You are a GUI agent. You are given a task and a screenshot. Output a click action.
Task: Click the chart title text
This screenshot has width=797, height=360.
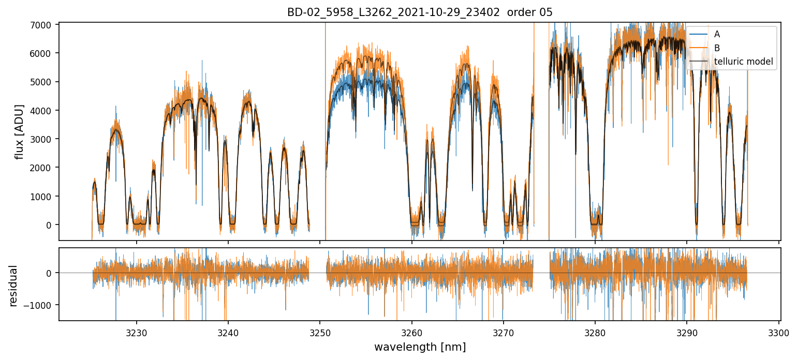(x=420, y=12)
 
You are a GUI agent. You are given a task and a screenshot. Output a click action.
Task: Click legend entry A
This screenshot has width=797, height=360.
(x=717, y=34)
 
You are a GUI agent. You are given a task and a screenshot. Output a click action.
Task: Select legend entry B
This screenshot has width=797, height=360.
(x=717, y=48)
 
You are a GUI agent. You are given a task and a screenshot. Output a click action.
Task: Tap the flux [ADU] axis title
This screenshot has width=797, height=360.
(x=19, y=131)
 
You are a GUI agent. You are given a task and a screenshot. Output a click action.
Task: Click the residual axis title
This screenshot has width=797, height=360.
(x=13, y=286)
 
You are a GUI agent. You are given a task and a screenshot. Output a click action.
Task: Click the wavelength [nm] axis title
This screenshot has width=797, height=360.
(x=420, y=347)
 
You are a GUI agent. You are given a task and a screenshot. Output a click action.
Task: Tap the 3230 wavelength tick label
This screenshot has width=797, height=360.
(x=137, y=332)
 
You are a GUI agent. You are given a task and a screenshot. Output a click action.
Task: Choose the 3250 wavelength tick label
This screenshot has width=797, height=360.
(x=320, y=332)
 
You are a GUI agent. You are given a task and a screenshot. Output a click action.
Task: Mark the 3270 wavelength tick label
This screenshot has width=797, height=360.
(x=503, y=332)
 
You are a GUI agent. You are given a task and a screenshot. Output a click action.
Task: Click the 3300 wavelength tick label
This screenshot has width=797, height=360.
(x=778, y=332)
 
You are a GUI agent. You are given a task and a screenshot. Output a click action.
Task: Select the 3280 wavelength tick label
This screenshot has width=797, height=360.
(x=595, y=332)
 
